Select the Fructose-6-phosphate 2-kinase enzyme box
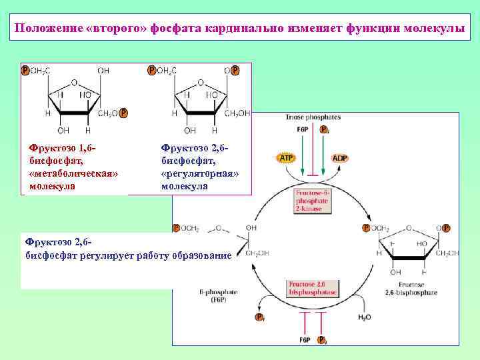click(x=309, y=199)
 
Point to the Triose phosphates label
click(x=304, y=117)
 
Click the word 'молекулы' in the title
click(x=435, y=29)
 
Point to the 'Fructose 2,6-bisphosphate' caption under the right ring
click(x=411, y=289)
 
